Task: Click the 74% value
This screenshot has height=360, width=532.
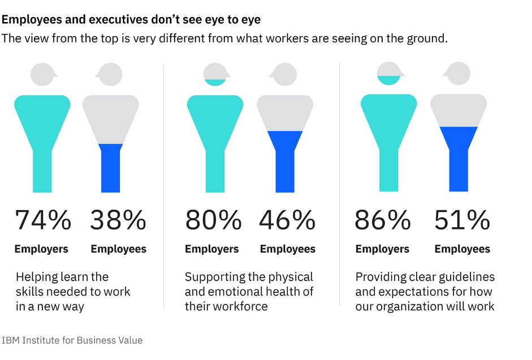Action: [x=43, y=220]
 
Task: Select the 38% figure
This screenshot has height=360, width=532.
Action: [x=118, y=220]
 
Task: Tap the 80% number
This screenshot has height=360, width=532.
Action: [x=213, y=220]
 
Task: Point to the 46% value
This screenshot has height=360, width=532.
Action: [x=287, y=220]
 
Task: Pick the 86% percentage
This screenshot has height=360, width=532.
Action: [x=383, y=220]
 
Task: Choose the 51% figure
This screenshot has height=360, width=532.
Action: [x=462, y=220]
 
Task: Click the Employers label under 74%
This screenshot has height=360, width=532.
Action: [x=41, y=249]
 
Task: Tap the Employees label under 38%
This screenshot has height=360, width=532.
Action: [x=118, y=249]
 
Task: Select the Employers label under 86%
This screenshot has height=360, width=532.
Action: [x=383, y=249]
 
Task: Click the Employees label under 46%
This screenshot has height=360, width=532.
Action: [x=288, y=249]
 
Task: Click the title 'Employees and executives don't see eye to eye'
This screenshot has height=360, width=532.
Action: [x=131, y=20]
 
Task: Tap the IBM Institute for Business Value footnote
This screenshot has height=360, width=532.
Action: [x=72, y=340]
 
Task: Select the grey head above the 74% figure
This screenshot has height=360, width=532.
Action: [x=43, y=73]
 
